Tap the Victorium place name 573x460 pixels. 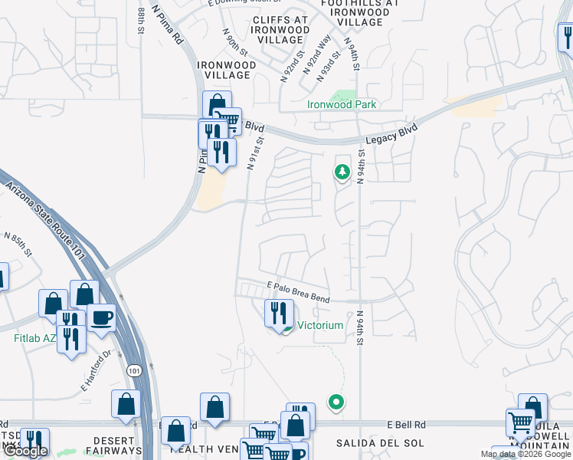(320, 325)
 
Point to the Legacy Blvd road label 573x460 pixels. (391, 135)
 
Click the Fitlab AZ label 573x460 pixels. (35, 338)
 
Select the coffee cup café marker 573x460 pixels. (100, 317)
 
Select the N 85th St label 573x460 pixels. (18, 245)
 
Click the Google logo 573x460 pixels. (25, 451)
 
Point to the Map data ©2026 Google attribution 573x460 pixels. (526, 454)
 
